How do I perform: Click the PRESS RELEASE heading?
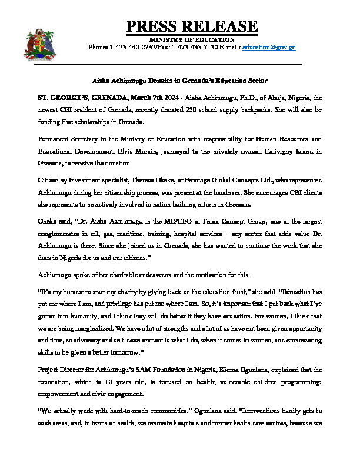192,26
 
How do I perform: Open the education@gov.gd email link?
271,46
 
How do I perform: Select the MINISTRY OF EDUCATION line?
191,39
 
